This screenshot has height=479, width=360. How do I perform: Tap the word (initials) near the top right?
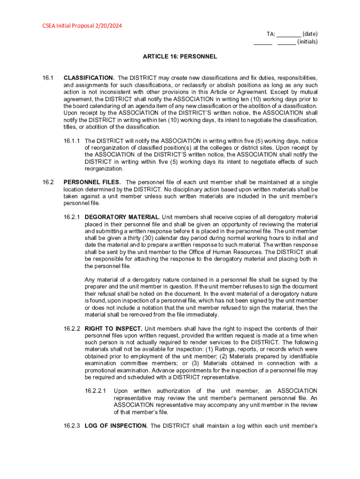[x=307, y=42]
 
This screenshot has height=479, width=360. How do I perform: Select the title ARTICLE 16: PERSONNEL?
[x=180, y=57]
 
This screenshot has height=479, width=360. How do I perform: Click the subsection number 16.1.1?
[x=72, y=141]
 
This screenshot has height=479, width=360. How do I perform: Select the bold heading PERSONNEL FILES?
[x=93, y=182]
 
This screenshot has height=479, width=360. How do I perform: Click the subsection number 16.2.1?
[x=72, y=218]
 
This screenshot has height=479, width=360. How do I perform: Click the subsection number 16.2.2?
[x=72, y=329]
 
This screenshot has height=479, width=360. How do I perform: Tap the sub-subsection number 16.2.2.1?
[x=95, y=391]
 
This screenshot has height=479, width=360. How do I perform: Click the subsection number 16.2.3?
[x=72, y=426]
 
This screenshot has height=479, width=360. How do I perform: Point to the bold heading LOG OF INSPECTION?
[x=116, y=426]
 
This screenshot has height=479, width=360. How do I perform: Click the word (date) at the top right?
[x=310, y=34]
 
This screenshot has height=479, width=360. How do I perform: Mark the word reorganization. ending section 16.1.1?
[x=104, y=169]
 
